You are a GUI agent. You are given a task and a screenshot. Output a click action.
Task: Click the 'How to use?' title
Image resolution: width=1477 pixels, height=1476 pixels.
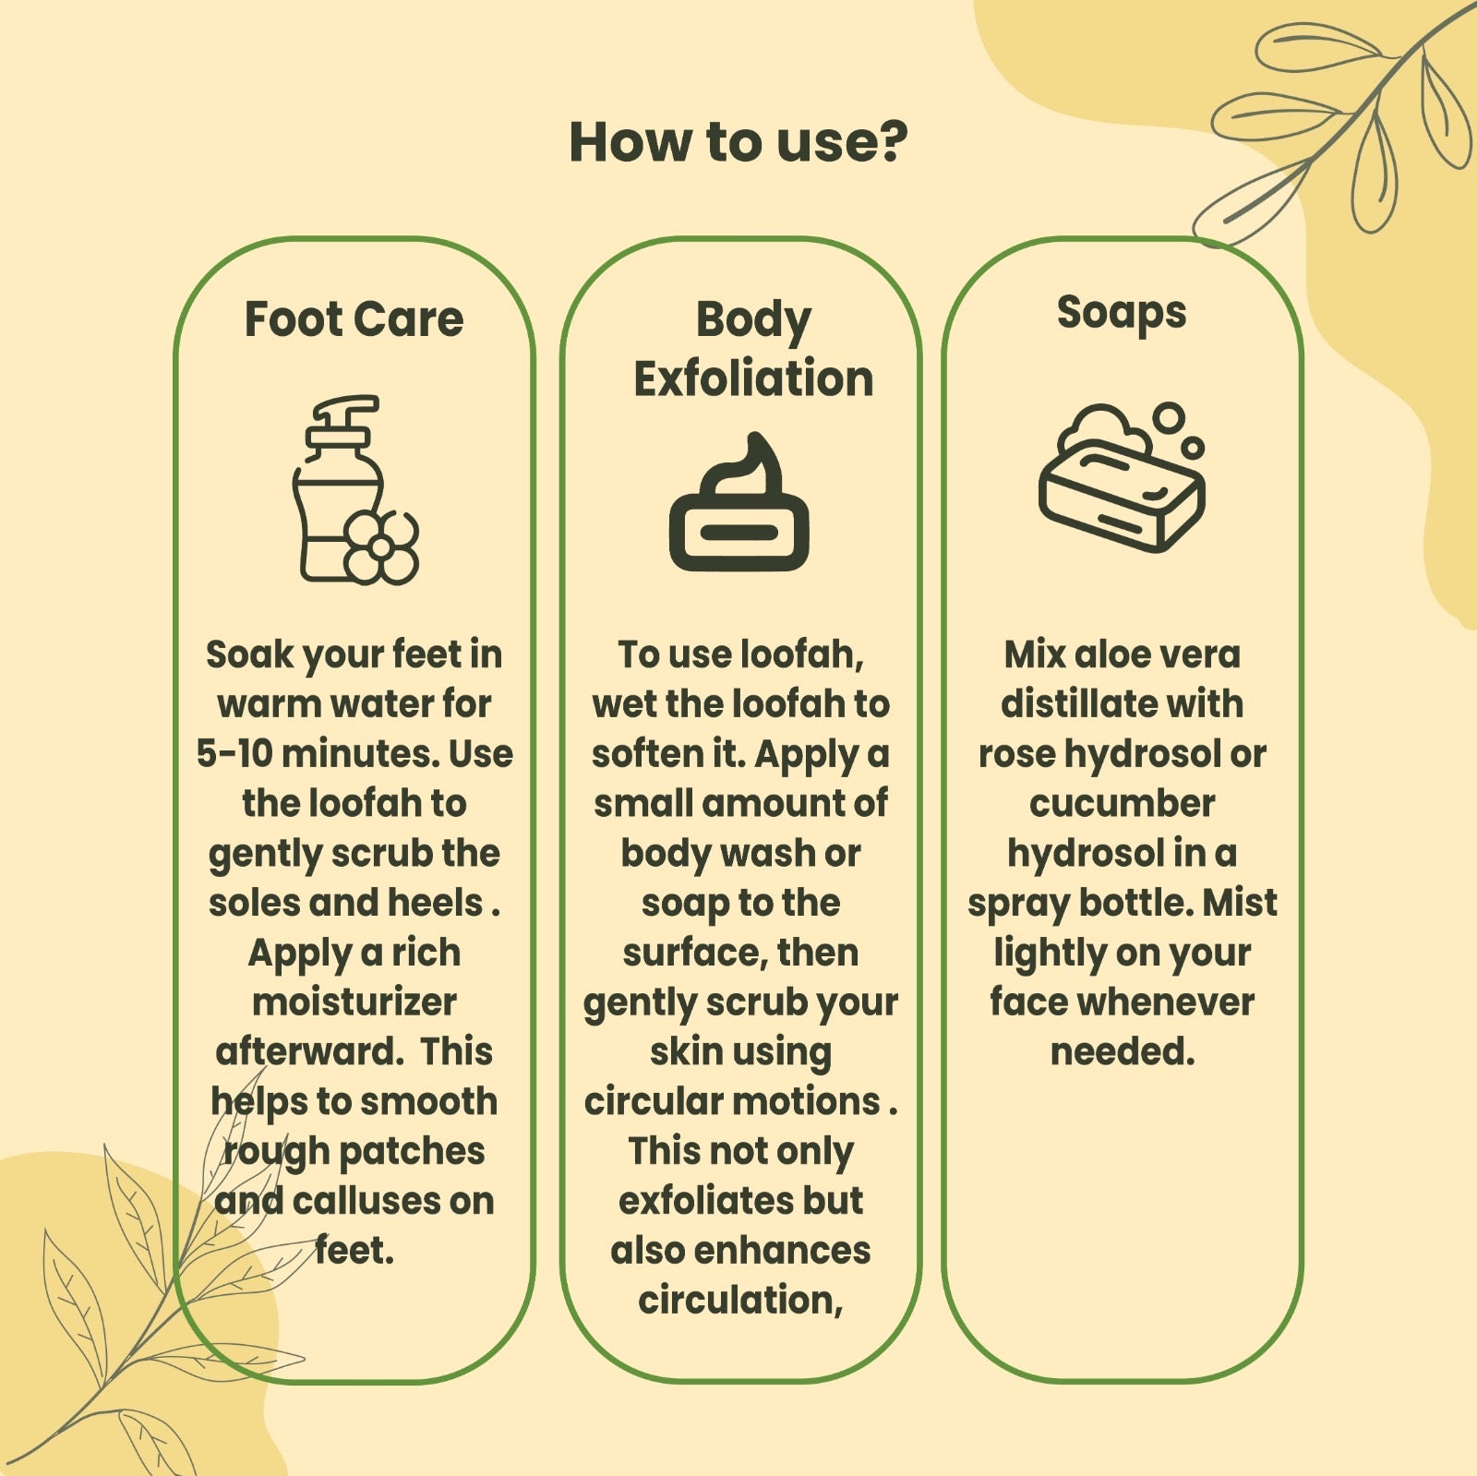point(738,141)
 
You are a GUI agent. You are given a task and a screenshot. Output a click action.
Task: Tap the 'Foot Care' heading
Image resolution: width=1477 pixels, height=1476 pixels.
point(354,319)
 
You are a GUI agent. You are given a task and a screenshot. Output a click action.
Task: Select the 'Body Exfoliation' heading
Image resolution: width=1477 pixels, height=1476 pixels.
point(753,350)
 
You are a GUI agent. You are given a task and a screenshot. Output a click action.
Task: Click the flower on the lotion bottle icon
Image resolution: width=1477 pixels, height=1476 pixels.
point(382,546)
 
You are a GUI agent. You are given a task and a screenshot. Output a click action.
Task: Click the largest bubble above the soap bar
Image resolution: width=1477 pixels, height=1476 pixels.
point(1169,417)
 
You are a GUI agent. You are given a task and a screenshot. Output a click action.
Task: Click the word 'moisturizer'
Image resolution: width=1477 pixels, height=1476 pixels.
point(354,1002)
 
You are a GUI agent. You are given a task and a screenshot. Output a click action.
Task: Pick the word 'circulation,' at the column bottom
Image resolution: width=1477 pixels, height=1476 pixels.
point(740,1301)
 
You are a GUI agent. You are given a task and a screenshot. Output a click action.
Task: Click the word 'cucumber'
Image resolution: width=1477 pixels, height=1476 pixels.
point(1122,804)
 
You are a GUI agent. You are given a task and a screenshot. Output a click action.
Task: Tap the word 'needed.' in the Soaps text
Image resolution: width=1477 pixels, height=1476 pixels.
point(1123,1052)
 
